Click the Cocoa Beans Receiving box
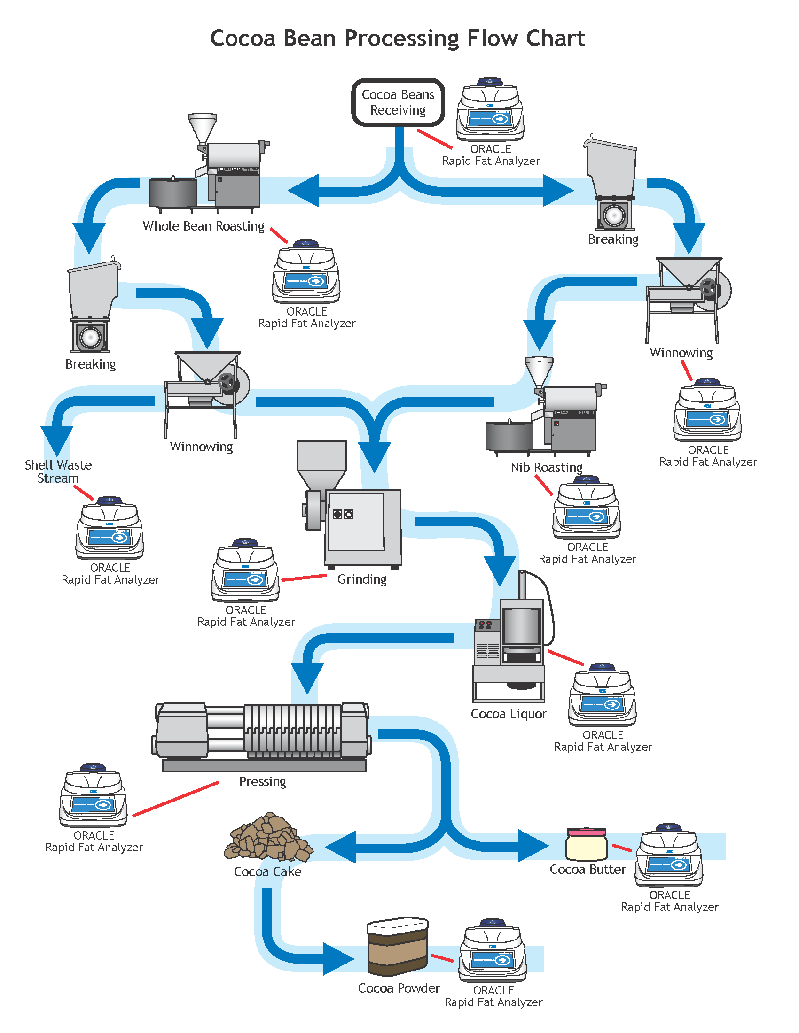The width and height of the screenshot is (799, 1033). tap(398, 102)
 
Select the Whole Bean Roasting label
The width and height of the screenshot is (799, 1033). tap(204, 226)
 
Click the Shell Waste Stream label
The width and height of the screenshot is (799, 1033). tap(58, 471)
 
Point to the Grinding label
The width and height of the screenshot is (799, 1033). tap(361, 579)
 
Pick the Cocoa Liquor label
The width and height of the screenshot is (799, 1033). tap(509, 714)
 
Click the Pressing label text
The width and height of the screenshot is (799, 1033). tap(262, 781)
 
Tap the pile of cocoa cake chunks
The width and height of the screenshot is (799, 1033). tap(268, 838)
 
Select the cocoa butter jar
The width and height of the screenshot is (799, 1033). tap(586, 844)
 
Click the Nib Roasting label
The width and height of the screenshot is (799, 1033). tap(546, 467)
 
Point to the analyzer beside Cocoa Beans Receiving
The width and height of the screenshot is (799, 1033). tap(490, 110)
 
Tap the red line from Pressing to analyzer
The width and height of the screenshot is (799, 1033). tap(176, 799)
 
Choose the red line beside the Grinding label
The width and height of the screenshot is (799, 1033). tap(304, 578)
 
